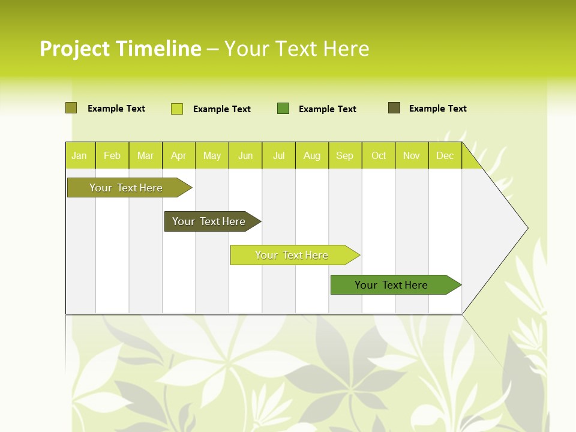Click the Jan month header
click(80, 155)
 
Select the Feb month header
click(112, 155)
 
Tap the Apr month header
click(179, 155)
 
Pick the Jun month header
click(245, 155)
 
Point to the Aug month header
click(312, 155)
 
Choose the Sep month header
click(345, 155)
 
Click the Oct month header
click(379, 155)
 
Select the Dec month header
click(445, 155)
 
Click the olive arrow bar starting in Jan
click(127, 188)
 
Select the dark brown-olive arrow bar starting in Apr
click(209, 221)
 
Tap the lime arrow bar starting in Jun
click(292, 255)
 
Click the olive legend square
click(71, 108)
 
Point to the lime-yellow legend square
click(177, 109)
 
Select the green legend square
click(283, 109)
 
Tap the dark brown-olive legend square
click(394, 108)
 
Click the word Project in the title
click(75, 49)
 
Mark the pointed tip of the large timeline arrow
click(527, 228)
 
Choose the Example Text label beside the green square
click(328, 109)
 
